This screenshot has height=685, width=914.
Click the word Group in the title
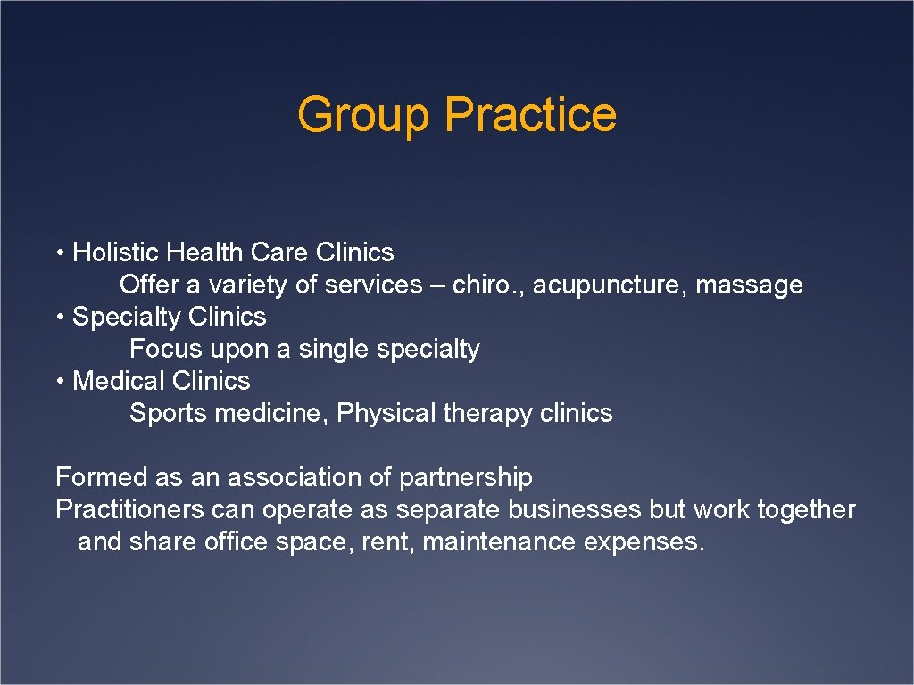point(363,116)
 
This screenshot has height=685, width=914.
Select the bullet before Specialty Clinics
point(59,318)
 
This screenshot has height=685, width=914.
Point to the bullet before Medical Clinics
point(59,382)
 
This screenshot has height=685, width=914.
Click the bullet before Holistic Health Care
point(59,253)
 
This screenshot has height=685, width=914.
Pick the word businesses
point(574,510)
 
